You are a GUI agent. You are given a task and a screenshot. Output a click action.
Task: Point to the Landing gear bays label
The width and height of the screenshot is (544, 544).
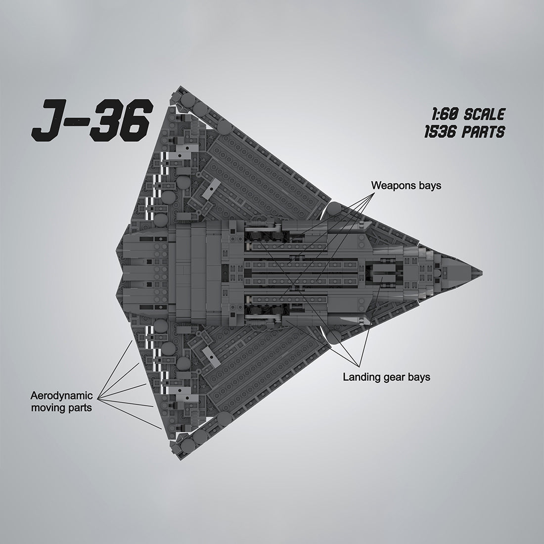click(x=386, y=377)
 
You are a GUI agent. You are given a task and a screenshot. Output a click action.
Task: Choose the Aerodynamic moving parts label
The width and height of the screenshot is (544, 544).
click(x=62, y=402)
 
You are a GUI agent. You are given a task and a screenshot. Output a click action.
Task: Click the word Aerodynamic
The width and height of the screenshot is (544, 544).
click(x=62, y=396)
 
